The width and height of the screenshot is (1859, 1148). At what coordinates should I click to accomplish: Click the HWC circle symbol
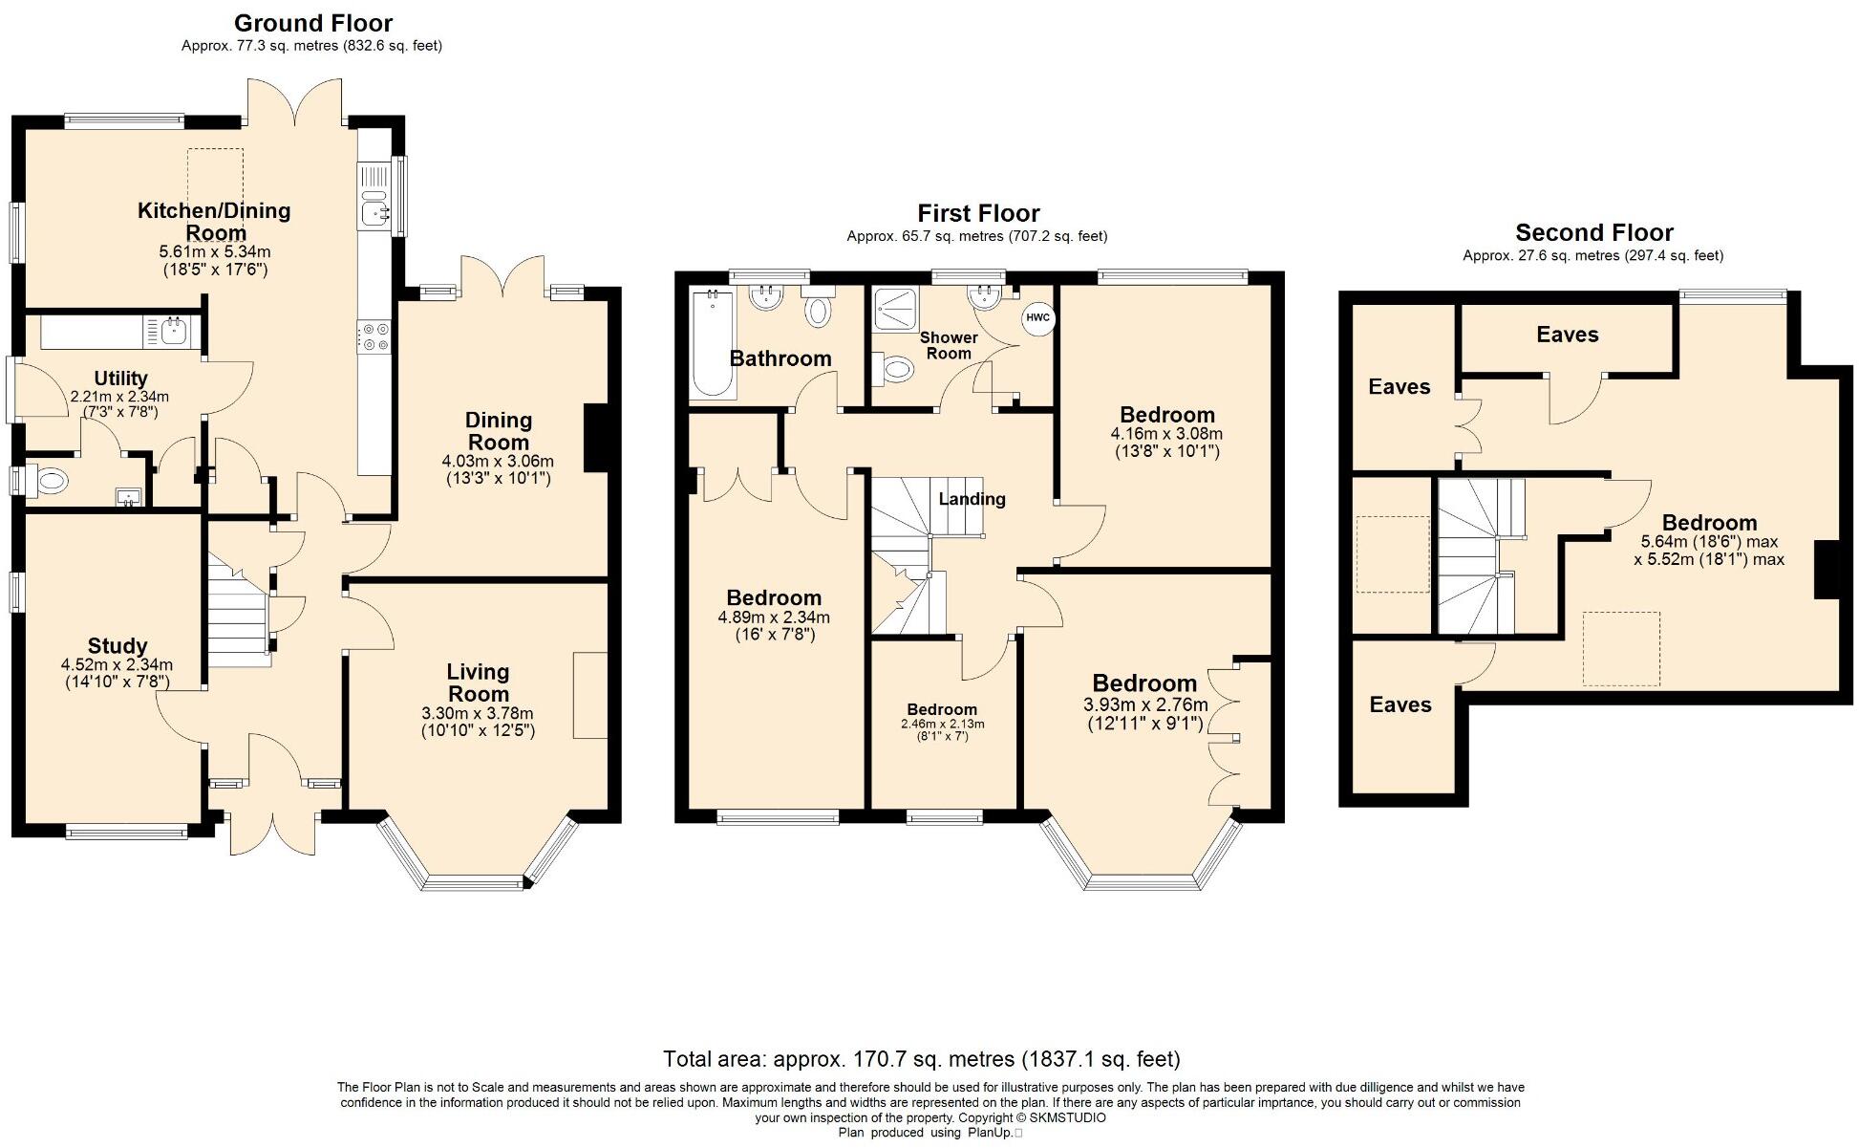[x=1037, y=317]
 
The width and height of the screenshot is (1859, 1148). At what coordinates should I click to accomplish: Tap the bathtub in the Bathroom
[x=712, y=344]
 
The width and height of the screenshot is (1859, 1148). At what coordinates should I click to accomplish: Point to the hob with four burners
[x=374, y=336]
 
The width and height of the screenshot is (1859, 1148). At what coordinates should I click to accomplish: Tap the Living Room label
[x=478, y=682]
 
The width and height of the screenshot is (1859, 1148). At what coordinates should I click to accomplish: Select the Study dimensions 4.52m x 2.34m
[x=117, y=665]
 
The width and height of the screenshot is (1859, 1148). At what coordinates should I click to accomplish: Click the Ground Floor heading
[x=312, y=22]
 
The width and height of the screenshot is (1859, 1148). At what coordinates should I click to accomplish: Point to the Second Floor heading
[x=1593, y=232]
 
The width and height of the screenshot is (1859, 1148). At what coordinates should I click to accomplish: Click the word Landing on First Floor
[x=972, y=499]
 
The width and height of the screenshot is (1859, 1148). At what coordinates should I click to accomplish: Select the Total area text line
[x=922, y=1059]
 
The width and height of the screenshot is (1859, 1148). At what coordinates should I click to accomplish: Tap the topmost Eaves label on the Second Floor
[x=1567, y=335]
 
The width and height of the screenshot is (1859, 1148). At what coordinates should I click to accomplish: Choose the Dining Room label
[x=498, y=431]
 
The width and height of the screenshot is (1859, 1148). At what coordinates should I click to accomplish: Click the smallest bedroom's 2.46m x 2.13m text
[x=942, y=724]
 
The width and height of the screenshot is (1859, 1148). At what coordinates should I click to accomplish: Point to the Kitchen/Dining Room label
[x=214, y=221]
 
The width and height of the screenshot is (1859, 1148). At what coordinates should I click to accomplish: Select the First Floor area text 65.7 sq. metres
[x=976, y=236]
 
